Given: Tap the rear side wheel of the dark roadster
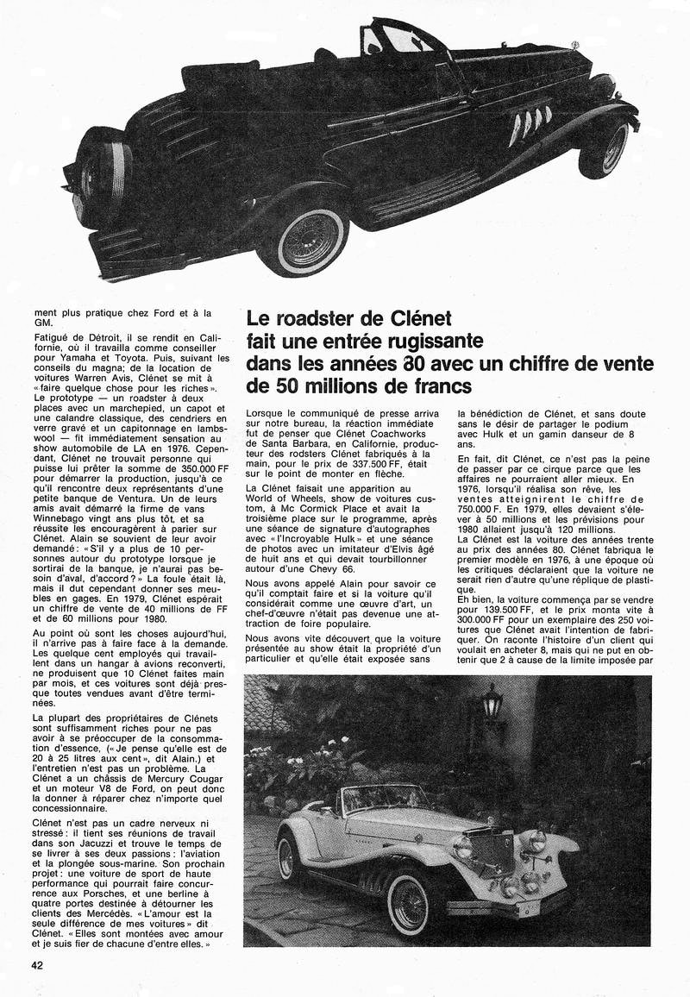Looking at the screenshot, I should tap(301, 239).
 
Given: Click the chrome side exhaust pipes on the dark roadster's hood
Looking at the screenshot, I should tap(529, 124).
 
